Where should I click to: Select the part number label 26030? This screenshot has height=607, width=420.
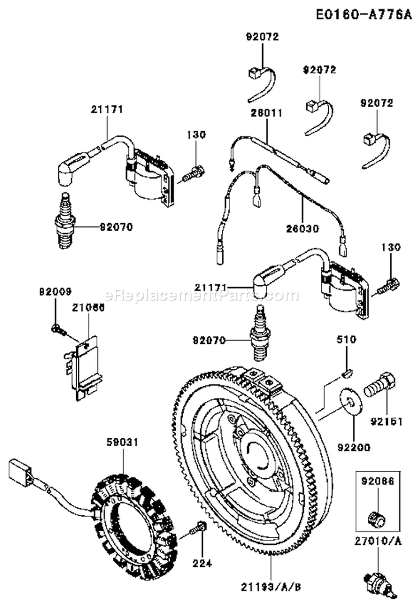click(x=302, y=229)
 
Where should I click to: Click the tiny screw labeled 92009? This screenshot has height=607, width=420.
click(x=57, y=329)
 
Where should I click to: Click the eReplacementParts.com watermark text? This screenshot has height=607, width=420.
click(x=201, y=295)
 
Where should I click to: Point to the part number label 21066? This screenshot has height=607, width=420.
click(x=84, y=307)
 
